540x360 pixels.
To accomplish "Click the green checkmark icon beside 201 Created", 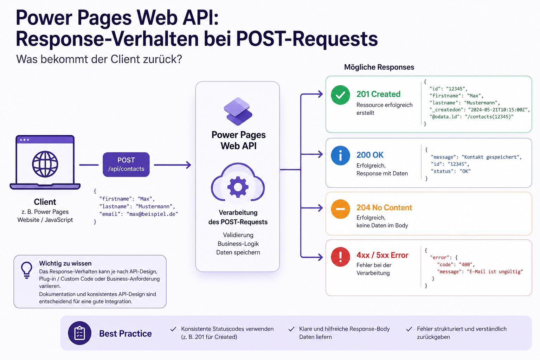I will pos(340,95).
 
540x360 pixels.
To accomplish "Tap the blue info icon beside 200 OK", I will pos(340,155).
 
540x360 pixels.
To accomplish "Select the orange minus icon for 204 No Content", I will pos(340,209).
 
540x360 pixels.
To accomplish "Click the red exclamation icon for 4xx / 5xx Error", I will pos(340,257).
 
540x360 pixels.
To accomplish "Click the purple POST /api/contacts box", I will pos(126,165).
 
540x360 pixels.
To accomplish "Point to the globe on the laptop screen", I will pos(45,164).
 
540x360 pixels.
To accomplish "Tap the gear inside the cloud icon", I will pos(238,186).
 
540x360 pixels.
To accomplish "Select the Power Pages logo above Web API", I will pos(238,111).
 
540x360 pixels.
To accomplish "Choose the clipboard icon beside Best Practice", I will pos(80,333).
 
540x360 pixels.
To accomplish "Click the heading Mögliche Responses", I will pos(379,67).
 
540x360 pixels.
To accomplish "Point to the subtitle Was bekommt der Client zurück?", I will pos(99,59).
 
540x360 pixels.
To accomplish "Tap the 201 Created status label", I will pos(378,94).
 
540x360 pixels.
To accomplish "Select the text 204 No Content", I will pos(384,208).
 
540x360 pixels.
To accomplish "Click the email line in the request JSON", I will pos(139,214).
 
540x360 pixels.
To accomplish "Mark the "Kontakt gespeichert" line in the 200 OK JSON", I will pos(476,157).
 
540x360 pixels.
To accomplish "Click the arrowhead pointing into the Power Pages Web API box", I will pos(188,165).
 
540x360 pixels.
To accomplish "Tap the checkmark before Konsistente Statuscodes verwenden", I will pos(173,329).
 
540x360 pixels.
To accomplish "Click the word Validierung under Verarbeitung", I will pos(238,235).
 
